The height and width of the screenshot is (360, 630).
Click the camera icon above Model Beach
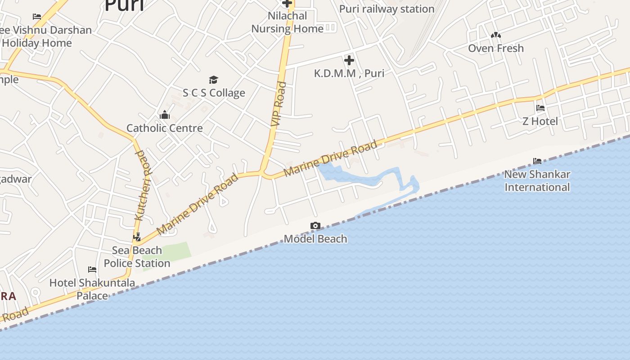click(315, 225)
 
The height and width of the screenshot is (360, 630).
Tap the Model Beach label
click(315, 238)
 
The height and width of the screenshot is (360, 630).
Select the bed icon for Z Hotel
click(540, 108)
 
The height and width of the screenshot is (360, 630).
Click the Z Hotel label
click(540, 121)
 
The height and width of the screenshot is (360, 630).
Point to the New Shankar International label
click(537, 180)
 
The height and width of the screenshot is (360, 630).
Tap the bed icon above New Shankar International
click(537, 161)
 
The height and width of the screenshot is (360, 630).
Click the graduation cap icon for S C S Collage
click(213, 80)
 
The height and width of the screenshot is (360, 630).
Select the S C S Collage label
click(214, 93)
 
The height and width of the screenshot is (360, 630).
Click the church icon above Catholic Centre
click(165, 115)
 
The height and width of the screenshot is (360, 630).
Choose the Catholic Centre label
click(165, 128)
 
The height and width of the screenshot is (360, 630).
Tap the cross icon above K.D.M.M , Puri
click(349, 60)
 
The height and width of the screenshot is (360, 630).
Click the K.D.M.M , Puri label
click(349, 73)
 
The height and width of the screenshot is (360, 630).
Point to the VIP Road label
click(279, 103)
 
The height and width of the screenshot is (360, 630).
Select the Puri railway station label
click(387, 9)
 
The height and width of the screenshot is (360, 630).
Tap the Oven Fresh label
click(496, 48)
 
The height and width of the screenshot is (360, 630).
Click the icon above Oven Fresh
click(496, 35)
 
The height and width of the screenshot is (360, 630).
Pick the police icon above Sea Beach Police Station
click(137, 237)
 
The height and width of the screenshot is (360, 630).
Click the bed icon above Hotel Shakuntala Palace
click(92, 270)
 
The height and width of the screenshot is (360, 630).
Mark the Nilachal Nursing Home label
click(287, 22)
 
